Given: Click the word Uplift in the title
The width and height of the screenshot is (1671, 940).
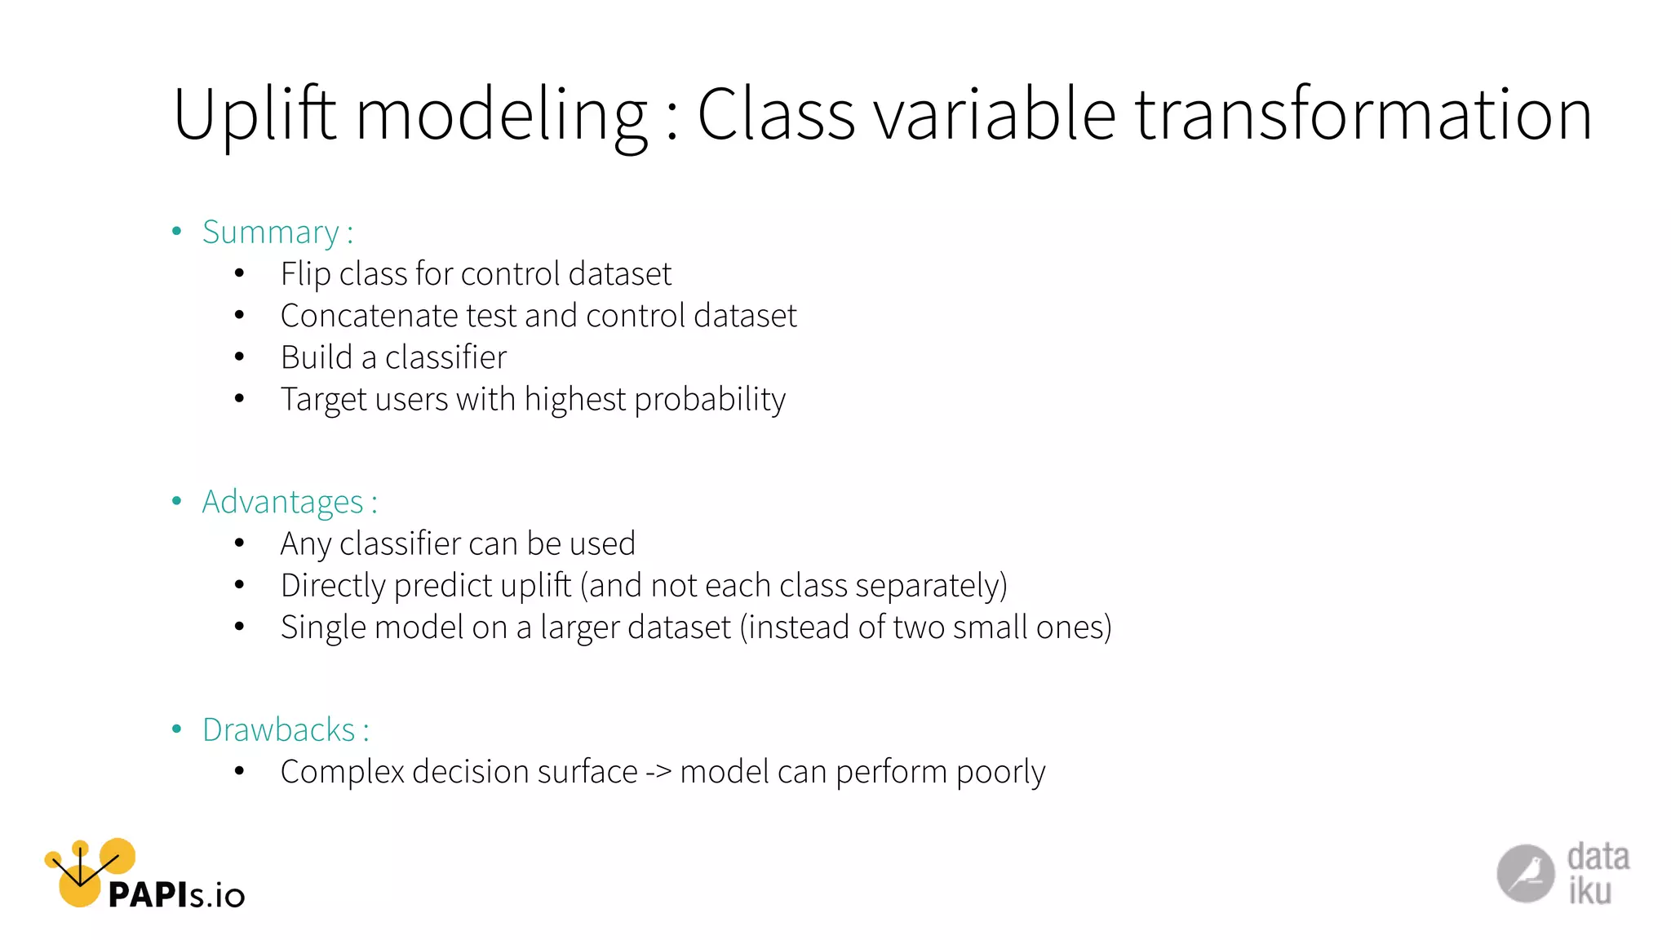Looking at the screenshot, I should point(255,115).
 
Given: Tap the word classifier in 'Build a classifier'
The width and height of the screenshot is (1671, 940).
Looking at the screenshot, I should point(445,357).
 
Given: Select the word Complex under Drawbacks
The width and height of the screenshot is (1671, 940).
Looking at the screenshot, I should point(342,773).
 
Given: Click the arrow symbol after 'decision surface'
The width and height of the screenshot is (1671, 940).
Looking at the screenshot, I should point(658,772).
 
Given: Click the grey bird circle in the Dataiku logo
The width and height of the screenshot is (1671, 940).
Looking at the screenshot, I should point(1525,873).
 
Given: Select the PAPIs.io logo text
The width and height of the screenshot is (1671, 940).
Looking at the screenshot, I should point(176,895).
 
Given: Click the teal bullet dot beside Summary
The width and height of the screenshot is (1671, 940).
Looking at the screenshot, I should point(176,232).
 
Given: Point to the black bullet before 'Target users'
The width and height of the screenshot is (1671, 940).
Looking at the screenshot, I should point(239,399).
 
